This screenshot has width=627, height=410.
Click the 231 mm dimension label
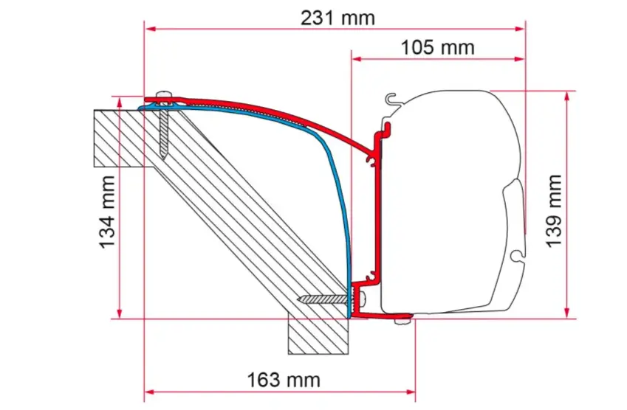pyautogui.click(x=338, y=18)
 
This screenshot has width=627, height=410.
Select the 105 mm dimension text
pyautogui.click(x=437, y=48)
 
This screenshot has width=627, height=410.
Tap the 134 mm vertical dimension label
pyautogui.click(x=107, y=212)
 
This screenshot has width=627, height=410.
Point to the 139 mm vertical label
pyautogui.click(x=554, y=211)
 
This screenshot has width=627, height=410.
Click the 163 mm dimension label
pyautogui.click(x=284, y=380)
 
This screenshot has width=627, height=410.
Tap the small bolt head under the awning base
pyautogui.click(x=399, y=321)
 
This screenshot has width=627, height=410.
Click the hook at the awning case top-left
pyautogui.click(x=391, y=100)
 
